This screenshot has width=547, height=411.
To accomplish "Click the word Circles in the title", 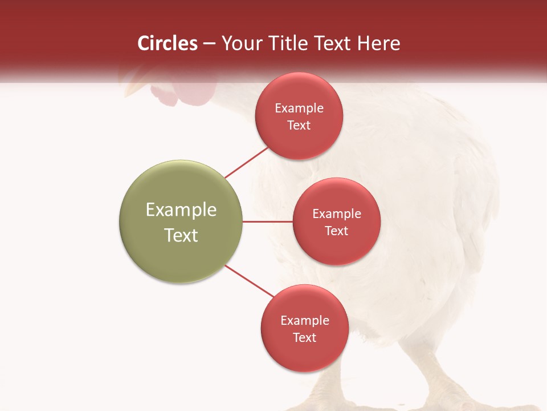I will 167,43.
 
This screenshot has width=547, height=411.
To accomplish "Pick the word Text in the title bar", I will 336,43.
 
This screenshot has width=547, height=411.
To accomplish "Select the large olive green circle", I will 181,221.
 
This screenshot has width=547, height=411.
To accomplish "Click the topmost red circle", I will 299,116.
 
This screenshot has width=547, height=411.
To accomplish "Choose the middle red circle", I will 336,221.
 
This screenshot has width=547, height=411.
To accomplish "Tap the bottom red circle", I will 304,328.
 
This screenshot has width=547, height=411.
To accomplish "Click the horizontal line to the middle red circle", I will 267,221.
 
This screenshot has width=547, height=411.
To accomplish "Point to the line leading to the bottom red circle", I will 250,281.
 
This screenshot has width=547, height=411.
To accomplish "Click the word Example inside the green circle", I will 181,209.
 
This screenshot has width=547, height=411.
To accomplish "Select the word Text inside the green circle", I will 181,235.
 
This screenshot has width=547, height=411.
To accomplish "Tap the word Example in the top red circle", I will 299,108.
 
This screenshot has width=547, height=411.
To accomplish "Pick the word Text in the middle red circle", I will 336,231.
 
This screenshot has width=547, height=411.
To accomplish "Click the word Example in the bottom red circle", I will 304,320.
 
